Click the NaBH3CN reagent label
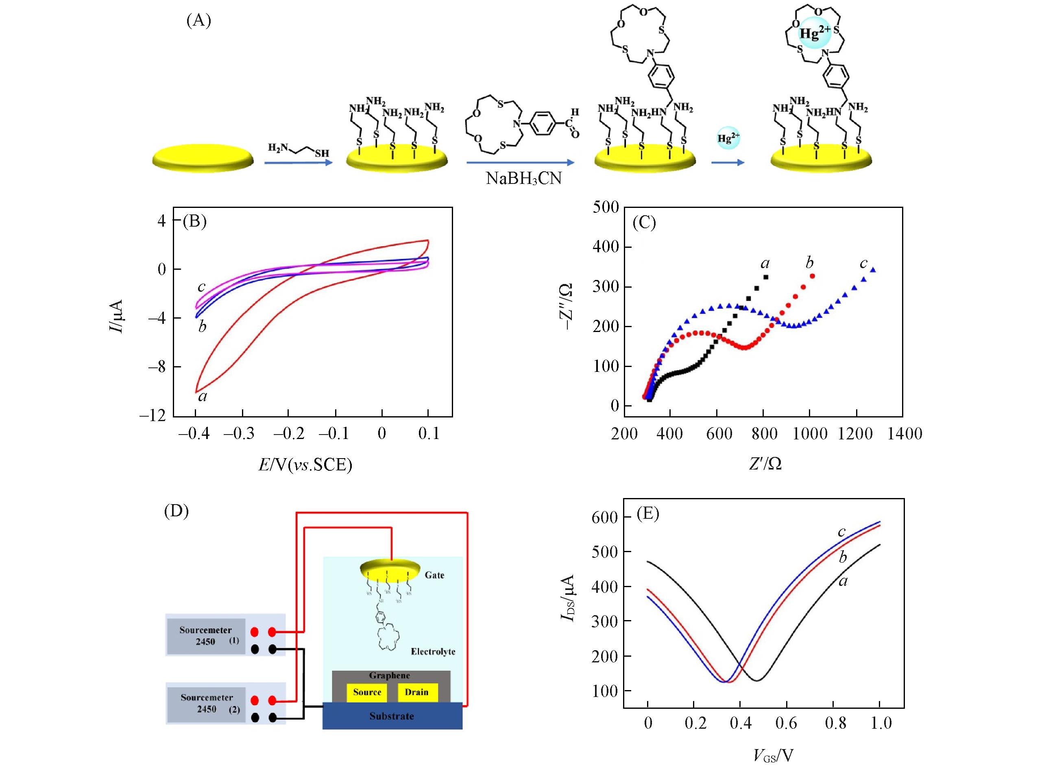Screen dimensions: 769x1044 click(x=523, y=178)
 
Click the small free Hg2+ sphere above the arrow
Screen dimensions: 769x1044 click(x=728, y=138)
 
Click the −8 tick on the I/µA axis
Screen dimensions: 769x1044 click(x=157, y=367)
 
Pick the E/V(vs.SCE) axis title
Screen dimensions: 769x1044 click(x=305, y=465)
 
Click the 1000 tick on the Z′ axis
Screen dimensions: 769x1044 click(x=810, y=434)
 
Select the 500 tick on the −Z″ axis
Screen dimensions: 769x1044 click(x=606, y=207)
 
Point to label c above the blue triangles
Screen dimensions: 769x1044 click(x=863, y=264)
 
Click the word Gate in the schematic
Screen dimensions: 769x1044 click(x=434, y=575)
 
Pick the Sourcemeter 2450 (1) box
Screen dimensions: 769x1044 click(x=206, y=636)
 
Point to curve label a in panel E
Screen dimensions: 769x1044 click(x=843, y=581)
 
